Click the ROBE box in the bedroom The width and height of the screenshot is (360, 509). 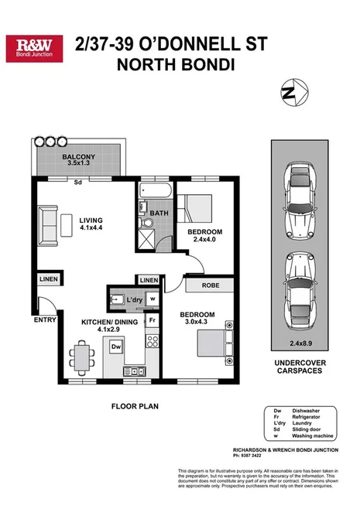[209, 284]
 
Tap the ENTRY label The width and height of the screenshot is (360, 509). [44, 318]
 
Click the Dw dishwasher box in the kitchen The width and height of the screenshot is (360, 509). [116, 347]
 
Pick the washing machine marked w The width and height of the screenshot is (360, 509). [153, 298]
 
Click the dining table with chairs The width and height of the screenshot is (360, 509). [81, 355]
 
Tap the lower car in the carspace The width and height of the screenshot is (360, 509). [297, 279]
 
